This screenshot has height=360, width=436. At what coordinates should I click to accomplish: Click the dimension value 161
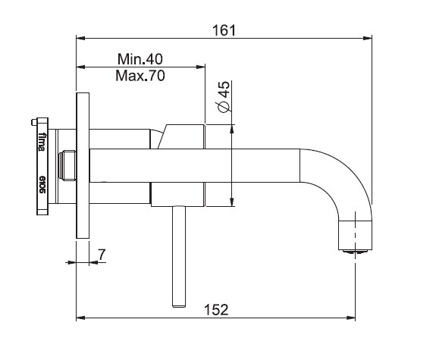224,30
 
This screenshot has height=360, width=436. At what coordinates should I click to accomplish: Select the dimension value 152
216,310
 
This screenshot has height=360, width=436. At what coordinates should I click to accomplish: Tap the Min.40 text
140,59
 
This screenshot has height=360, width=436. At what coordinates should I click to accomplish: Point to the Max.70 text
140,76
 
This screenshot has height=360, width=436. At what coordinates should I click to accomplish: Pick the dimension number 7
102,255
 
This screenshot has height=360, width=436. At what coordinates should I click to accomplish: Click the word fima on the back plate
42,142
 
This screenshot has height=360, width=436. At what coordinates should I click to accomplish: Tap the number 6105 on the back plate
42,184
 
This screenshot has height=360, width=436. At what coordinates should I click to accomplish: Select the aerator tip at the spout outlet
355,252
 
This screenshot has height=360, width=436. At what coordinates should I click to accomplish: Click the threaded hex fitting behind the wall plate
67,165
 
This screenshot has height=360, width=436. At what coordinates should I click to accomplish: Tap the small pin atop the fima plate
33,122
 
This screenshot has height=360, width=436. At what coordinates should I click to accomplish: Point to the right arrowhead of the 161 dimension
368,38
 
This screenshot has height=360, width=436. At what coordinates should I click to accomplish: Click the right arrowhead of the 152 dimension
351,318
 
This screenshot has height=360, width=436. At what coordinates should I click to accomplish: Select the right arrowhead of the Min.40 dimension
200,67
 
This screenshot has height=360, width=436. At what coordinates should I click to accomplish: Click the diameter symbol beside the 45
224,106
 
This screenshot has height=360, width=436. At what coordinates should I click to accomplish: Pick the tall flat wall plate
83,165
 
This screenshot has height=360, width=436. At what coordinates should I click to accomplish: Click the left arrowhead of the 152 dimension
80,318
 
